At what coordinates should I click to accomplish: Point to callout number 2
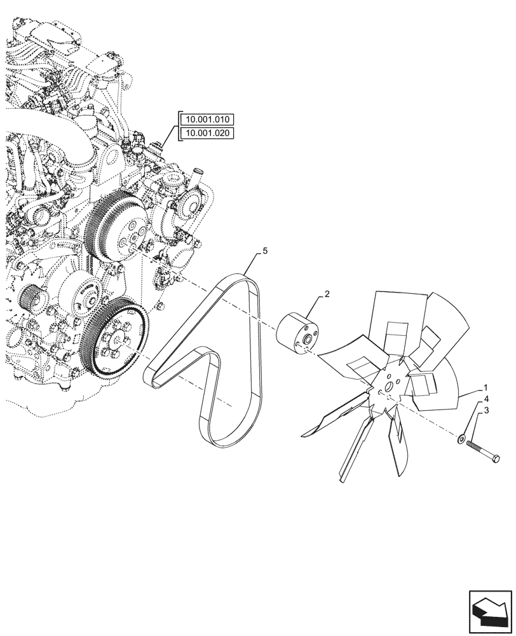pyautogui.click(x=327, y=294)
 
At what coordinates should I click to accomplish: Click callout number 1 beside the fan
pyautogui.click(x=485, y=387)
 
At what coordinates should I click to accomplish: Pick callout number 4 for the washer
pyautogui.click(x=485, y=399)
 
